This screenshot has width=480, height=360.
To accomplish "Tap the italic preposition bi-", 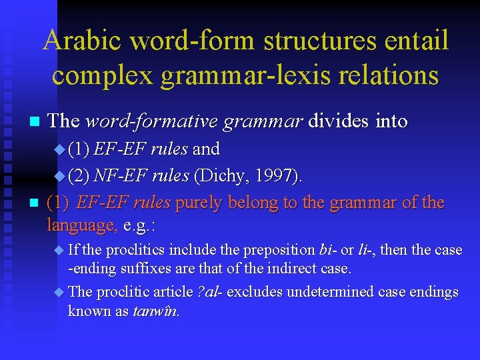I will (x=327, y=250).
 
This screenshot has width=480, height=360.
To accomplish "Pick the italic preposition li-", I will (x=364, y=250).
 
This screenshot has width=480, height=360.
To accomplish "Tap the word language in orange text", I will (x=82, y=225).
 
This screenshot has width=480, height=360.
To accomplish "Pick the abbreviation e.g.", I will (x=138, y=225).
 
